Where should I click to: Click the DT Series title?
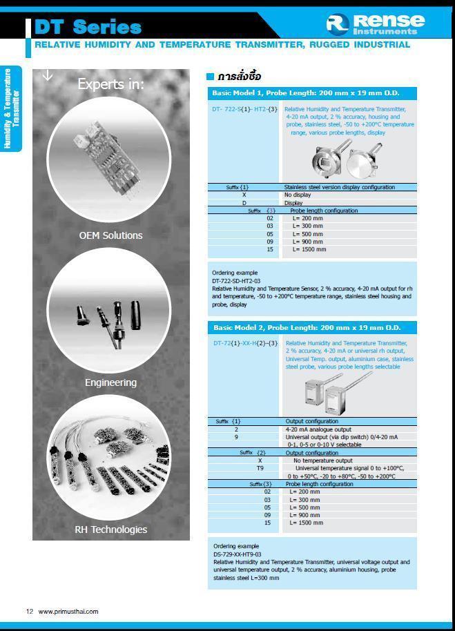coord(88,27)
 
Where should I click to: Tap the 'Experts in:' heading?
coord(111,84)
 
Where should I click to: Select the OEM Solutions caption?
coord(110,235)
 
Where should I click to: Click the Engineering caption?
coord(110,382)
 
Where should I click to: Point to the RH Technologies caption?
coord(110,530)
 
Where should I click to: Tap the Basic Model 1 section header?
coord(306,93)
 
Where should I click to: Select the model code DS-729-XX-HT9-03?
coord(237,554)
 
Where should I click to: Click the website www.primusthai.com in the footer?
coord(68,611)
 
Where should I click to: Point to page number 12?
coord(30,611)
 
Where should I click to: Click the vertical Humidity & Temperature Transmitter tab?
coord(12,108)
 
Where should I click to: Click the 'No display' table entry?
coord(298,195)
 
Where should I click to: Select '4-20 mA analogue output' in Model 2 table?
coord(318,429)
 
